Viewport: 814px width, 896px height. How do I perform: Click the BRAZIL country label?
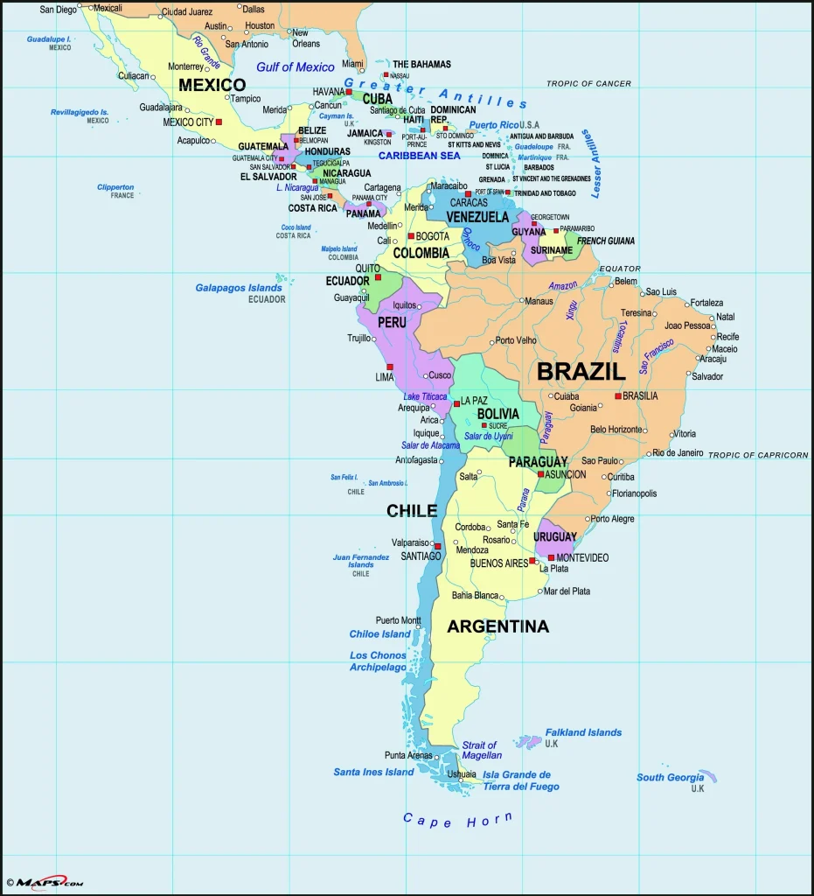tap(581, 371)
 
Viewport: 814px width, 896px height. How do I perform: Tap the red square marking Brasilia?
tap(618, 396)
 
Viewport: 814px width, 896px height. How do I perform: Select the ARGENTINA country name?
tap(497, 626)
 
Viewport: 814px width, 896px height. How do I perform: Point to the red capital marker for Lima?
tap(390, 367)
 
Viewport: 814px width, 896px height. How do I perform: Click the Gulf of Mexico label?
tap(296, 67)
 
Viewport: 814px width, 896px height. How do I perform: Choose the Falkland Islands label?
tap(583, 732)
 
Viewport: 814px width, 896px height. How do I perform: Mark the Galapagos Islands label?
tap(239, 288)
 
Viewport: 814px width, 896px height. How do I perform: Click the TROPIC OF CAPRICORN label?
tap(757, 455)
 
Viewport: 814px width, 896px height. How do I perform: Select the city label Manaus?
tap(539, 301)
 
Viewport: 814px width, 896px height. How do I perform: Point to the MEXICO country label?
tap(212, 85)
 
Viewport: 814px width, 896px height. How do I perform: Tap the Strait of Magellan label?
tap(481, 750)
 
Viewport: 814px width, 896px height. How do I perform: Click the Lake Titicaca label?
tap(425, 396)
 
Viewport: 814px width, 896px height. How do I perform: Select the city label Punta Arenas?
tap(408, 755)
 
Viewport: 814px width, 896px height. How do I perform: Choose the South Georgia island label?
tap(670, 777)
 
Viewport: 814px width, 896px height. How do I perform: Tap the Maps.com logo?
tap(45, 883)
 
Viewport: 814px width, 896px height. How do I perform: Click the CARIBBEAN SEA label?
tap(419, 155)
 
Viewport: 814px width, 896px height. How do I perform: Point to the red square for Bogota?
tap(411, 236)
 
